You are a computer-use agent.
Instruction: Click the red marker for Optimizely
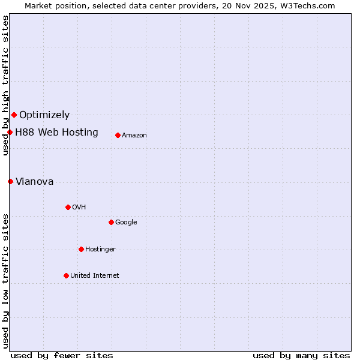(x=14, y=115)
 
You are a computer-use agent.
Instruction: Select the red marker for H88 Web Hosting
(x=10, y=132)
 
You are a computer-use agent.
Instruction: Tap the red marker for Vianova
(x=10, y=181)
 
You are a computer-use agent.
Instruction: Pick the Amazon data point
(x=118, y=135)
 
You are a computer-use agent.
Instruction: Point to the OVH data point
(x=68, y=207)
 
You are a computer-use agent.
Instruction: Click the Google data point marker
(x=111, y=222)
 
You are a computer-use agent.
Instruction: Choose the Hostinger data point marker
(x=81, y=249)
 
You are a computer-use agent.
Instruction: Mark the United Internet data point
(x=66, y=275)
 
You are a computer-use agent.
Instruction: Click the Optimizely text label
(x=44, y=115)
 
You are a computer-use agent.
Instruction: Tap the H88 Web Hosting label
(x=56, y=132)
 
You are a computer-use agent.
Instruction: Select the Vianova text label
(x=34, y=181)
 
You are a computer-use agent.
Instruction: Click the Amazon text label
(x=134, y=135)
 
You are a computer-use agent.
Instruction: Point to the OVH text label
(x=79, y=207)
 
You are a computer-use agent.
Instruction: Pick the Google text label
(x=126, y=222)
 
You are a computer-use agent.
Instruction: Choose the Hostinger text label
(x=100, y=249)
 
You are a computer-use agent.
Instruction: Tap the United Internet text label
(x=95, y=275)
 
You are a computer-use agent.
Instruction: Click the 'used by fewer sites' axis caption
(x=62, y=355)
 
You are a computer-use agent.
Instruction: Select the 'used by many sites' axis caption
(x=301, y=355)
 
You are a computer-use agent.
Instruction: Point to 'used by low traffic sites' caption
(x=5, y=281)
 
